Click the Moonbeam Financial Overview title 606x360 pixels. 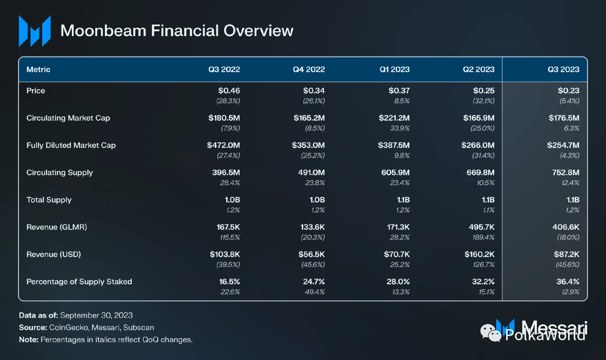pyautogui.click(x=177, y=31)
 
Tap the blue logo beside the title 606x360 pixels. pyautogui.click(x=35, y=31)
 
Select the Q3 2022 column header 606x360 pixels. pyautogui.click(x=224, y=69)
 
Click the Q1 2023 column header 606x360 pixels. pyautogui.click(x=394, y=69)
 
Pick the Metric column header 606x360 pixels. pyautogui.click(x=38, y=69)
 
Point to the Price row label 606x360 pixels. pyautogui.click(x=36, y=90)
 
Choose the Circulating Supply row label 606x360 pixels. pyautogui.click(x=60, y=172)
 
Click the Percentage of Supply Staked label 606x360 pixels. pyautogui.click(x=79, y=281)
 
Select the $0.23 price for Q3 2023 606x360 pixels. pyautogui.click(x=569, y=90)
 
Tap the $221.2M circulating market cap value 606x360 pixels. pyautogui.click(x=394, y=118)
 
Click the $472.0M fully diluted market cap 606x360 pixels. pyautogui.click(x=223, y=145)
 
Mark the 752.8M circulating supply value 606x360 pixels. pyautogui.click(x=566, y=172)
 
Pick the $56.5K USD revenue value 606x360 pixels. pyautogui.click(x=312, y=254)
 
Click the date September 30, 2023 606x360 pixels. pyautogui.click(x=96, y=315)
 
